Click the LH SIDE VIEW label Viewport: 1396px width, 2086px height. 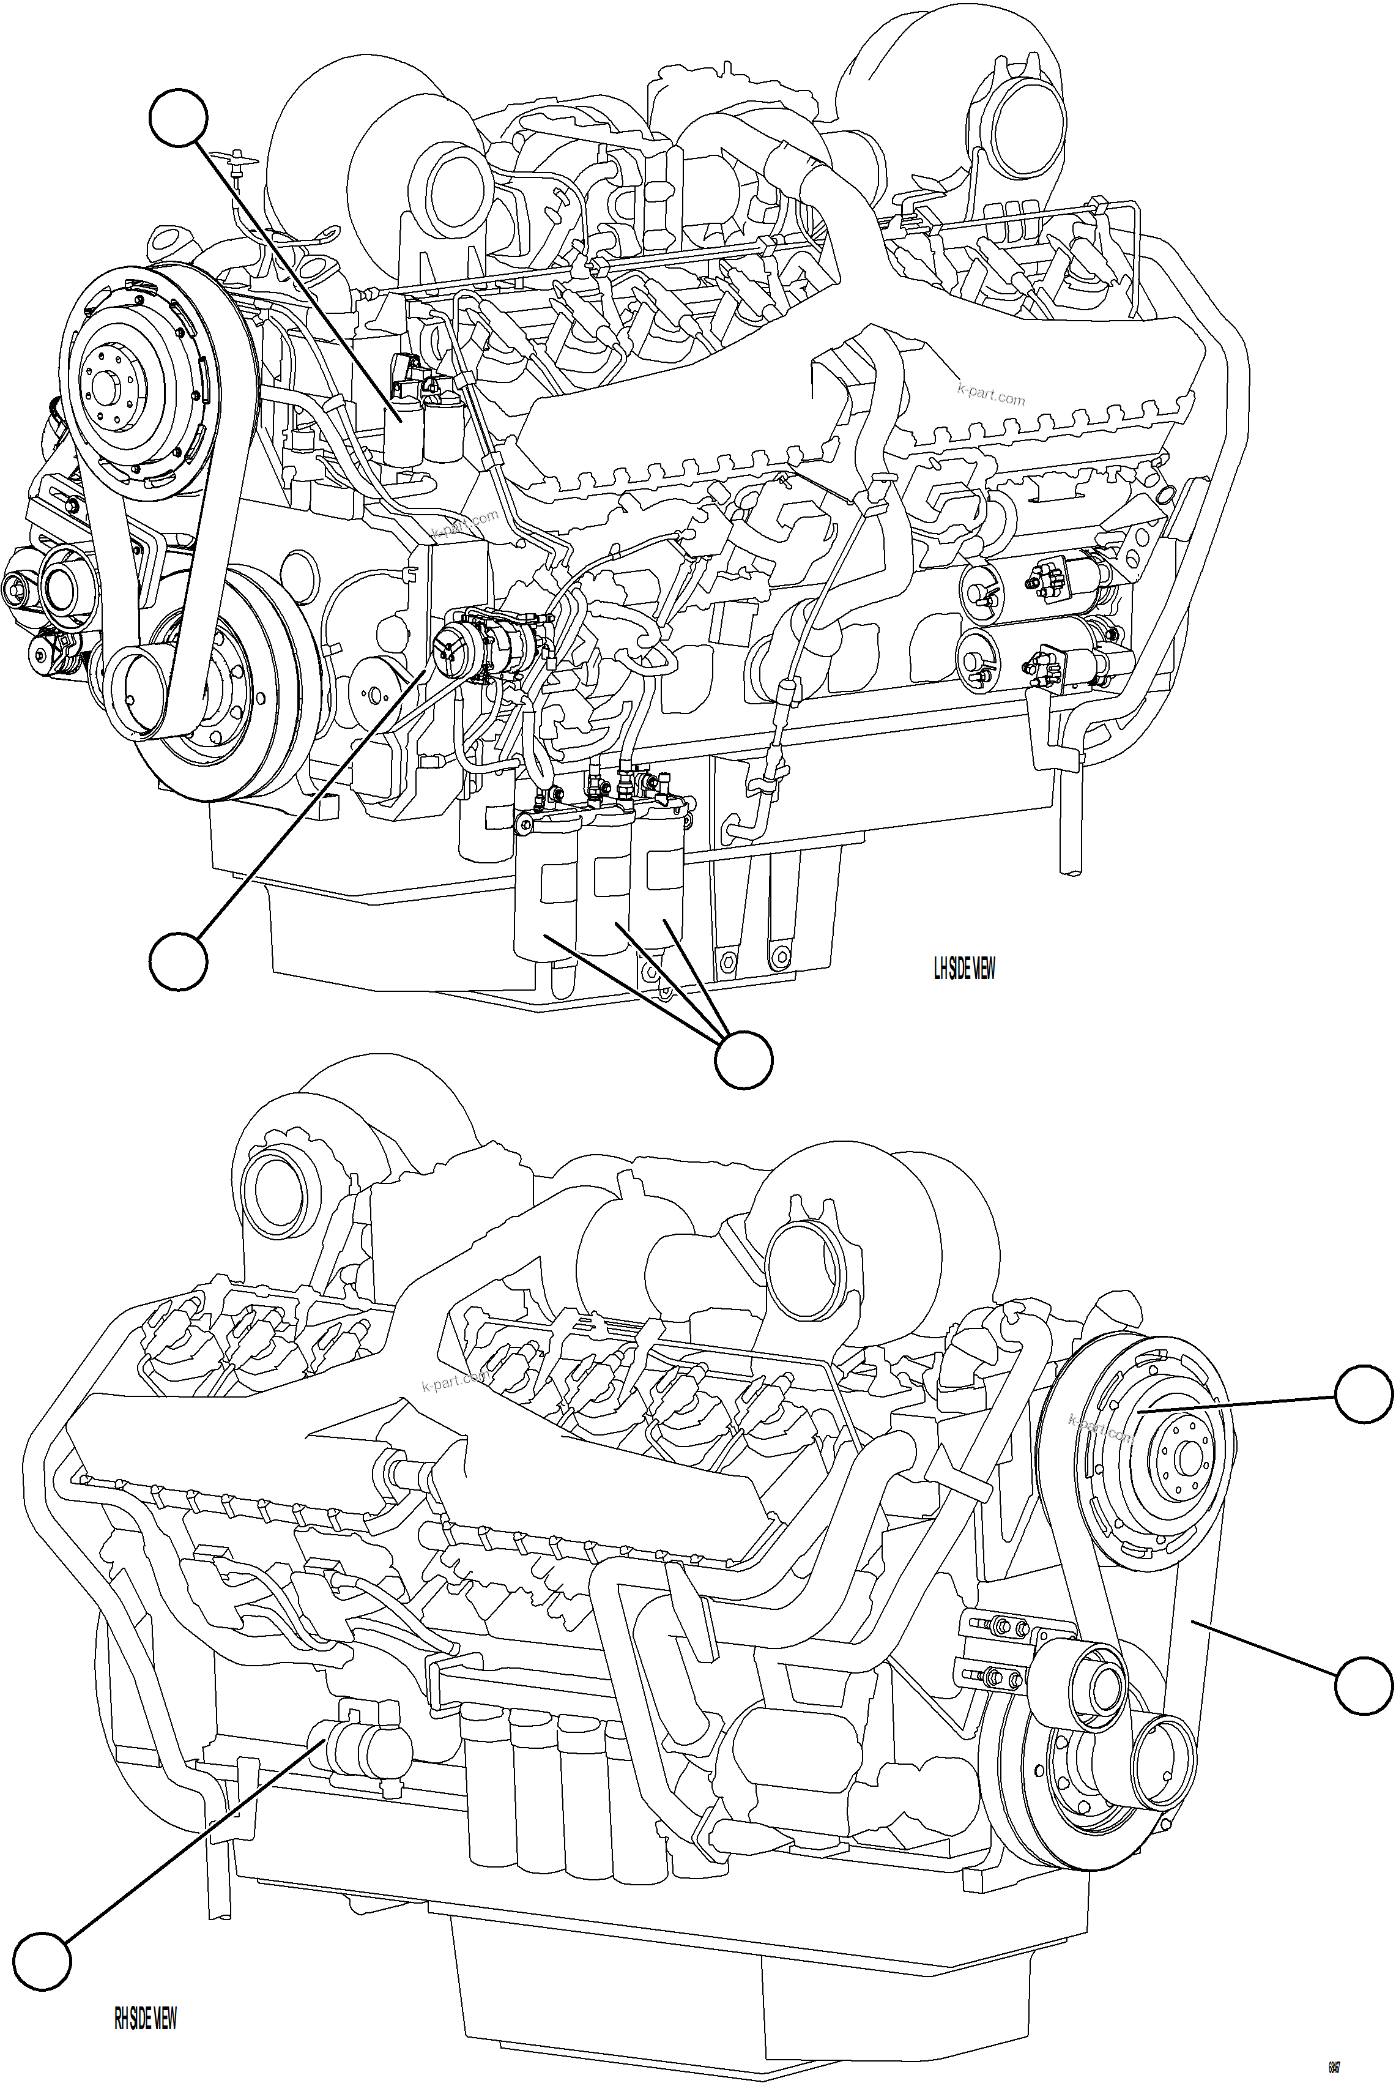pyautogui.click(x=964, y=969)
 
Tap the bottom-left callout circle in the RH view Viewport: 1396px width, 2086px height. pyautogui.click(x=41, y=1961)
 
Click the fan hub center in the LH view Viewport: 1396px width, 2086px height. pyautogui.click(x=108, y=390)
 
